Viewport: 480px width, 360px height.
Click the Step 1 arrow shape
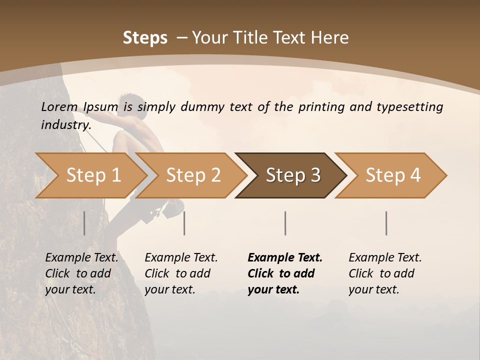point(92,175)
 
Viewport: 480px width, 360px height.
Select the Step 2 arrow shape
point(192,175)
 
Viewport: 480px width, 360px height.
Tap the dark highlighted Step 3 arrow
point(292,175)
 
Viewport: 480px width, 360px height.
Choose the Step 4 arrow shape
point(392,175)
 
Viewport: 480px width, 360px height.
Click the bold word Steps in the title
point(145,38)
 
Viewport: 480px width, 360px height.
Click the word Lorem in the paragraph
point(59,107)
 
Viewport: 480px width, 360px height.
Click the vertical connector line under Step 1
point(84,223)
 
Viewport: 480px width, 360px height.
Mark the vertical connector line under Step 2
point(184,223)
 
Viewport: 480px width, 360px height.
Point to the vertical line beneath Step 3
point(285,223)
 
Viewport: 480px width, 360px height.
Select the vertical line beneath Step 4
point(386,223)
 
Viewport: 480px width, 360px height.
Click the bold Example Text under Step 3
point(285,258)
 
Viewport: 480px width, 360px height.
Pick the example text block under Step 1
point(81,273)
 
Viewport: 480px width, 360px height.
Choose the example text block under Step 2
point(181,273)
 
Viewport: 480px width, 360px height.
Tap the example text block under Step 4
point(385,273)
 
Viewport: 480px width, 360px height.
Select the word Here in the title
point(330,38)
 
